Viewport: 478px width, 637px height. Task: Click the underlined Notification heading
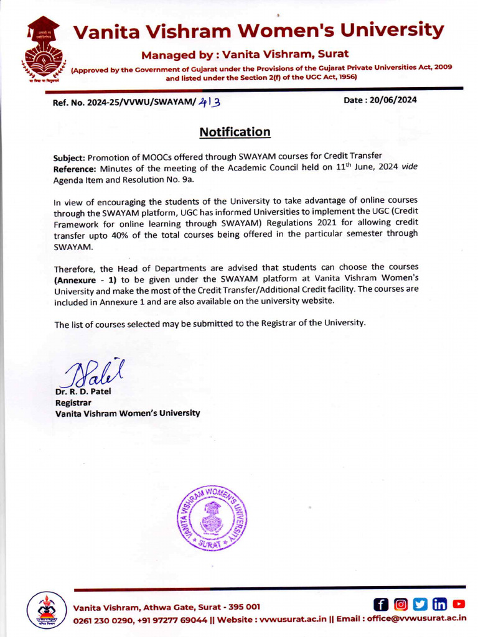pos(235,132)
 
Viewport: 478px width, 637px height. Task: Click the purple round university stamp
pos(212,518)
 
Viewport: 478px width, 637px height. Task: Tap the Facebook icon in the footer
pos(381,604)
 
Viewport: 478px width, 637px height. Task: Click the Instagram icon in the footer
pos(401,604)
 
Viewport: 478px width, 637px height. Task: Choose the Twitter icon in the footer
pos(420,604)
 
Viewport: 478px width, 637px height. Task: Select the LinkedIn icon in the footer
pos(439,604)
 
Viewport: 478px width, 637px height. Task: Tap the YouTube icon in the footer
pos(459,604)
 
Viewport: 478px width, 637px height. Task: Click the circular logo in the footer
pos(46,610)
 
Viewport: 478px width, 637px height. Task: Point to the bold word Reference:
pos(75,169)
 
